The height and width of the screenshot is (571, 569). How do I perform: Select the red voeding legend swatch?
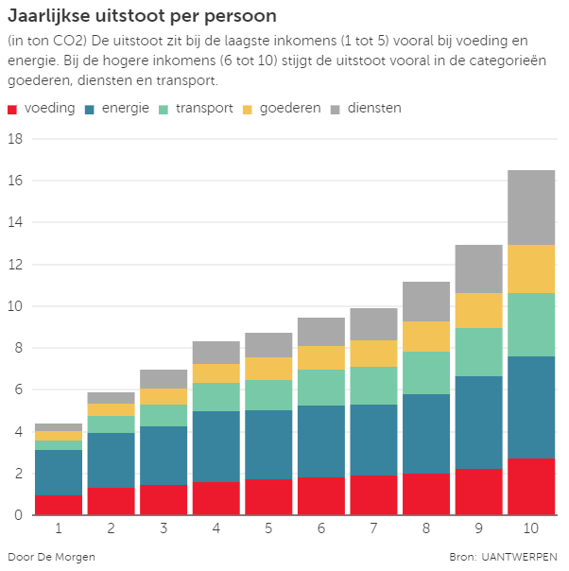[x=12, y=109]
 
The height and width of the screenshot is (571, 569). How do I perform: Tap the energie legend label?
[x=125, y=109]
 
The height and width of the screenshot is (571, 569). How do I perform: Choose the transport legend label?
[x=203, y=109]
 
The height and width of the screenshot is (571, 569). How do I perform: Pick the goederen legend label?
[x=290, y=109]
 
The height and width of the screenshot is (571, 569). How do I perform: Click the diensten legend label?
[x=374, y=109]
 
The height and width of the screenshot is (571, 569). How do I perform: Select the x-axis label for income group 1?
[x=59, y=528]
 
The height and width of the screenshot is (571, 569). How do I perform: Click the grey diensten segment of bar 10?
[x=531, y=207]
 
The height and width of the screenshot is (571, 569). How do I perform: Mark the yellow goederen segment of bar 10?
[x=531, y=268]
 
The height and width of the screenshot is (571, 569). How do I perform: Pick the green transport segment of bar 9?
[x=478, y=352]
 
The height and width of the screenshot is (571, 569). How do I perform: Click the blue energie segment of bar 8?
[x=426, y=434]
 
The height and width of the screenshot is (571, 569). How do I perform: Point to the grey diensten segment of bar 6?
[x=321, y=331]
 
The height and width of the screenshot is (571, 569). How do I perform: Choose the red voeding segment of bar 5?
[x=268, y=497]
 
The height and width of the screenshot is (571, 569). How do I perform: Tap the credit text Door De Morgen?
[x=51, y=557]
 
